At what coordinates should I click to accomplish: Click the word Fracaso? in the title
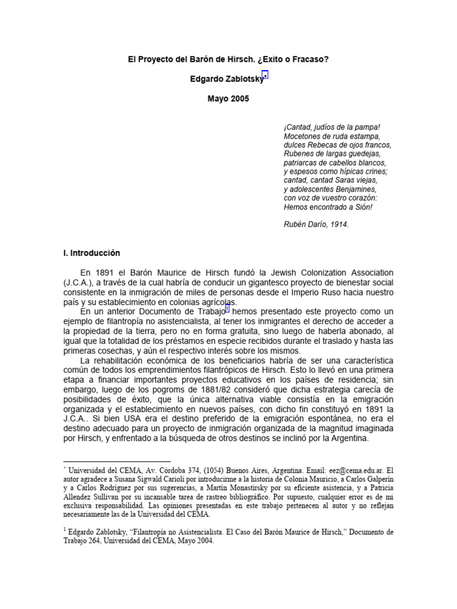pyautogui.click(x=311, y=60)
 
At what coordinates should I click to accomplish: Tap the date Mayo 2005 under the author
pyautogui.click(x=228, y=99)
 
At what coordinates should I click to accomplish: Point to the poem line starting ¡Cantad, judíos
pyautogui.click(x=331, y=127)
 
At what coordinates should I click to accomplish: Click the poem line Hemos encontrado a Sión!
pyautogui.click(x=328, y=208)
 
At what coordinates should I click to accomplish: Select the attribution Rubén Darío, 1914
pyautogui.click(x=315, y=225)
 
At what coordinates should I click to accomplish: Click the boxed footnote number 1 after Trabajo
pyautogui.click(x=227, y=309)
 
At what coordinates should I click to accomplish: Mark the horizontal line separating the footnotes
pyautogui.click(x=117, y=461)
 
